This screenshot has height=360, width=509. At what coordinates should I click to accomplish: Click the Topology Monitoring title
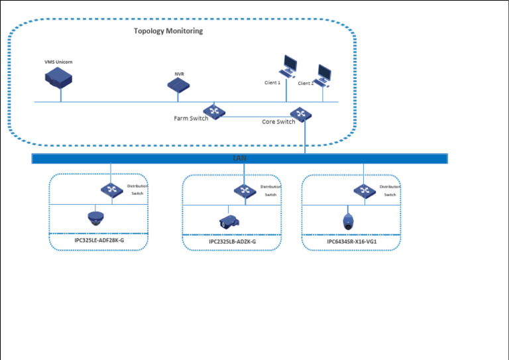click(x=168, y=31)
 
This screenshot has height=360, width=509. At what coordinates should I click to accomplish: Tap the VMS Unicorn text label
click(x=58, y=62)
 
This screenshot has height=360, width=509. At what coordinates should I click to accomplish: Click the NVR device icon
click(x=178, y=85)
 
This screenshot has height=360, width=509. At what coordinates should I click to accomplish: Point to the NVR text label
click(x=178, y=74)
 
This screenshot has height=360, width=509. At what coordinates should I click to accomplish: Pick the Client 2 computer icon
click(x=323, y=75)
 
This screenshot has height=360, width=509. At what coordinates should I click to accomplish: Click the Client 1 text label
click(x=272, y=83)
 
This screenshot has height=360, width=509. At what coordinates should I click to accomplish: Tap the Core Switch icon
click(x=302, y=114)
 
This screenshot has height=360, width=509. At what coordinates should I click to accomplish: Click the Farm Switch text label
click(x=190, y=119)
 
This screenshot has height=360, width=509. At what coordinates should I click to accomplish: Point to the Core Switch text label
click(x=278, y=122)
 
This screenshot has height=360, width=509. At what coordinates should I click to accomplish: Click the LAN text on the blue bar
click(x=239, y=158)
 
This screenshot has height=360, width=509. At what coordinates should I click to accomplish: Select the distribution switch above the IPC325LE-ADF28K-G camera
click(x=111, y=190)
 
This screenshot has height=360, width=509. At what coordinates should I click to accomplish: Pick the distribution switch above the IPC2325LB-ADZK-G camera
click(x=245, y=191)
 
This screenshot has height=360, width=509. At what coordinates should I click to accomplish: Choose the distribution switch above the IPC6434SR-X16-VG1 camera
click(x=363, y=191)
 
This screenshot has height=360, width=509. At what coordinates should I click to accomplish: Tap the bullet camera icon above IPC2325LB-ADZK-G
click(x=228, y=222)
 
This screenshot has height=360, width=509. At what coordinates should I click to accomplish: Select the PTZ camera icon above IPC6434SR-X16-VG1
click(x=347, y=221)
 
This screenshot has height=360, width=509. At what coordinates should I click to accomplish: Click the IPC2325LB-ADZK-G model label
click(x=232, y=242)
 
